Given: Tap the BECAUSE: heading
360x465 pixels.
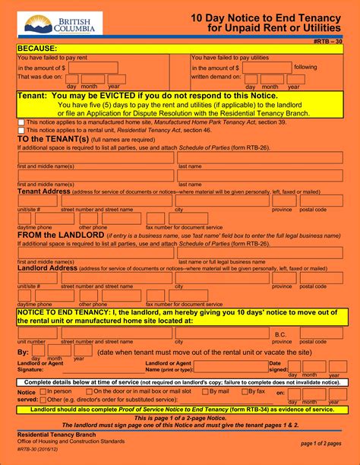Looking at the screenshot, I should [x=38, y=48].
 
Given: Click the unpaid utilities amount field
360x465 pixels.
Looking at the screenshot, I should [x=266, y=68].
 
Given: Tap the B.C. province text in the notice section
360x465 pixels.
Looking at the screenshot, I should [x=280, y=334].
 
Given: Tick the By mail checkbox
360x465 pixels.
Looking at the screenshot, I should [x=203, y=391].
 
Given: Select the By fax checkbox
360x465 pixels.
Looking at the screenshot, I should [x=245, y=391].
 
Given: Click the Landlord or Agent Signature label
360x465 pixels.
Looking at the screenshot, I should [x=37, y=366].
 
